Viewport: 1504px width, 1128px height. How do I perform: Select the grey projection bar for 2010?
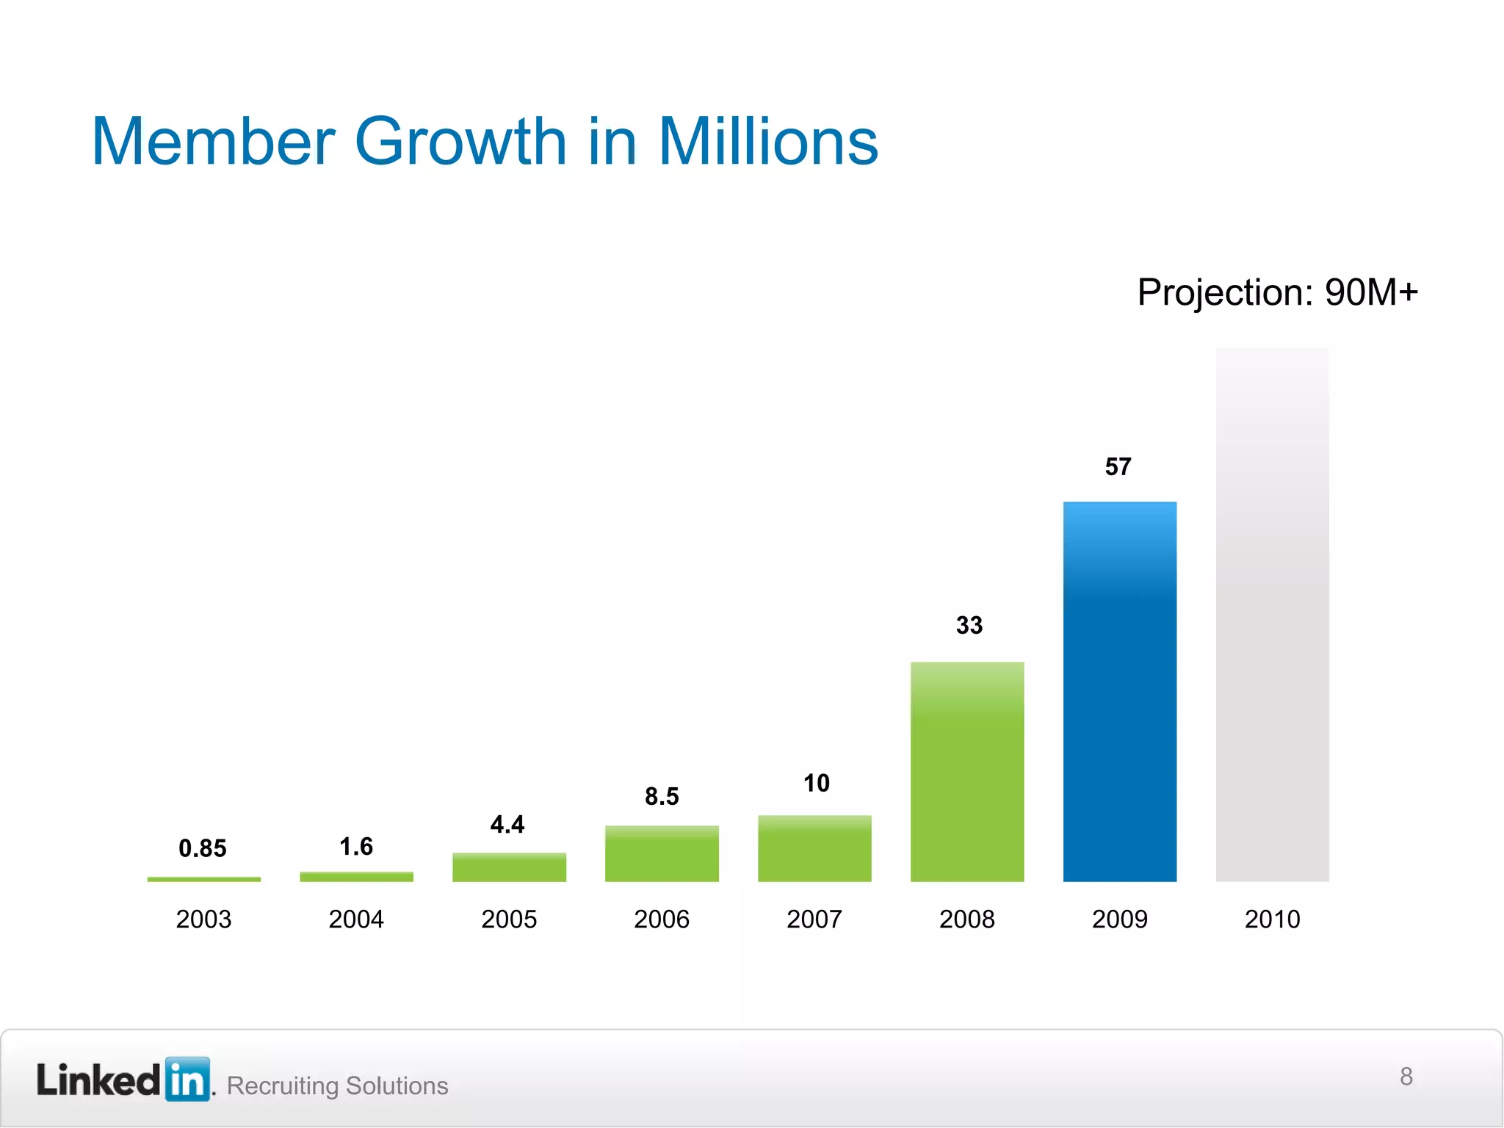(x=1272, y=615)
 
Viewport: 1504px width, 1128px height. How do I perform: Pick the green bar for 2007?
(x=814, y=848)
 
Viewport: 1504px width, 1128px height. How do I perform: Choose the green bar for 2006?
(x=662, y=853)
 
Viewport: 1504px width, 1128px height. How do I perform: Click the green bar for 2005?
(x=509, y=867)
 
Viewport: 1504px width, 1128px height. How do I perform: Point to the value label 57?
(x=1118, y=466)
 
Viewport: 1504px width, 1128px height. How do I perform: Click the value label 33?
(x=969, y=625)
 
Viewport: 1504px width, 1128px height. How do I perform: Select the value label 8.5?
(x=662, y=796)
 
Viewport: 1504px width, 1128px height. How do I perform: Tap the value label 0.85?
(x=203, y=848)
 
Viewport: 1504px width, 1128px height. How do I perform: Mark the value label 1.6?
(x=356, y=846)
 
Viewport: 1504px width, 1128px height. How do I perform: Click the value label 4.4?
(x=507, y=824)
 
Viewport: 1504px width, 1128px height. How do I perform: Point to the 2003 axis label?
(x=203, y=919)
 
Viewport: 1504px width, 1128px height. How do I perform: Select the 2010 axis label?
(x=1272, y=919)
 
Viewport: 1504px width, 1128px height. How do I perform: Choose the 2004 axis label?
(x=356, y=919)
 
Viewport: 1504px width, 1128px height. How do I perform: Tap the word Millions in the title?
(x=767, y=142)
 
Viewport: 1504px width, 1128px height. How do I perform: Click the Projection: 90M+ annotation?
(x=1277, y=292)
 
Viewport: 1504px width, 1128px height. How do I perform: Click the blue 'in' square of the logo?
(x=188, y=1079)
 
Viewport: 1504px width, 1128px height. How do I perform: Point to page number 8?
(x=1406, y=1076)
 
